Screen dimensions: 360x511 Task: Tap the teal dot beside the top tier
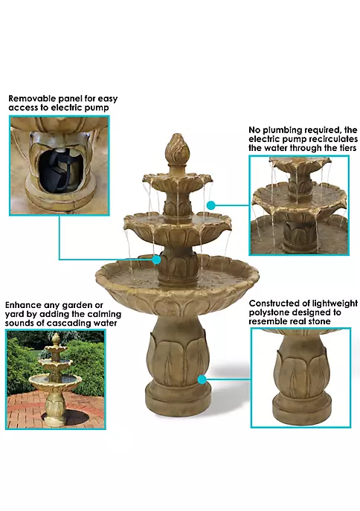[211, 205]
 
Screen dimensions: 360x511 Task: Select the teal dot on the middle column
[157, 260]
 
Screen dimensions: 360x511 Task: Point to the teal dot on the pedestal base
[202, 379]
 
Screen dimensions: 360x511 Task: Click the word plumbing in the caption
[282, 130]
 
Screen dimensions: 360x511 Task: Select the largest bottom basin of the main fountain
[177, 286]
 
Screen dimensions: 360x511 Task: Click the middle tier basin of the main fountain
[178, 228]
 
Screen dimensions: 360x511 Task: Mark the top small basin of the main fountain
[178, 181]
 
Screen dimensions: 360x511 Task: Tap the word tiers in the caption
[347, 148]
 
